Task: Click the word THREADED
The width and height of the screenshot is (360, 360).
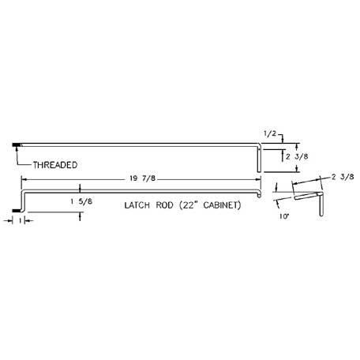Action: [55, 165]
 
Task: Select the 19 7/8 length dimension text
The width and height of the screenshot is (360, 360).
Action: [142, 178]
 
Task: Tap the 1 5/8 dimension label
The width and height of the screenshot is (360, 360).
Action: [81, 202]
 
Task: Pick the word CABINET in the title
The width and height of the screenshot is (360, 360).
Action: [222, 205]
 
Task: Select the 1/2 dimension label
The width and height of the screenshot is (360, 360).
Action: [270, 133]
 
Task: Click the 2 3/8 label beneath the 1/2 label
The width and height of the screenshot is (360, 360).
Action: [297, 156]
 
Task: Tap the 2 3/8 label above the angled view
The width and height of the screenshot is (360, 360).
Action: [343, 177]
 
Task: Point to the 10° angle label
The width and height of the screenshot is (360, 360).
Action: [284, 216]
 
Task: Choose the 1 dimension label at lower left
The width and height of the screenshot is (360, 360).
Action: [20, 221]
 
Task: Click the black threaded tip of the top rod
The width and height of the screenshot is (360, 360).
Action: [17, 144]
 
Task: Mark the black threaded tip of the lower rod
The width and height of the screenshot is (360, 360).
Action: [16, 211]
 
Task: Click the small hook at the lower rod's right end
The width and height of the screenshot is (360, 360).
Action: [259, 195]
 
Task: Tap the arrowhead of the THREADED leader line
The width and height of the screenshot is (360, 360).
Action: [17, 149]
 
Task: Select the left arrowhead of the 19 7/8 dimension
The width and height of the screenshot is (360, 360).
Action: [24, 180]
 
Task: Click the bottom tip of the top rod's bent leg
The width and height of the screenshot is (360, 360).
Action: [259, 171]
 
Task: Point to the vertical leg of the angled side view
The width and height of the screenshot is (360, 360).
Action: [321, 204]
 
